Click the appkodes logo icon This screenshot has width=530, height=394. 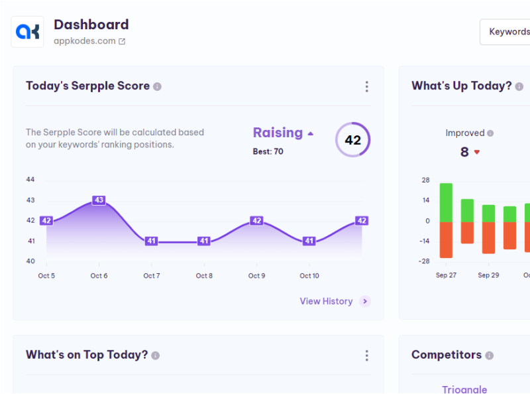coord(28,32)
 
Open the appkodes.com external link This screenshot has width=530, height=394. coord(122,41)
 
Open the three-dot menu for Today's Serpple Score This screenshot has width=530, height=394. coord(366,87)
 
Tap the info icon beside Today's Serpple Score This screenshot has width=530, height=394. coord(157,87)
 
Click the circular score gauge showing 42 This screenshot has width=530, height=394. coord(352,140)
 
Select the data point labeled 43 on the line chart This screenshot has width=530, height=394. coord(99,200)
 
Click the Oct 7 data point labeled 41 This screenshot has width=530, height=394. coord(151,241)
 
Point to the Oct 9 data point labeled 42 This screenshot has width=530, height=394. coord(256,221)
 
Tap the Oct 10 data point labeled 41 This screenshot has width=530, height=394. coord(309,241)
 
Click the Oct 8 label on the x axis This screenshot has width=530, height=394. coord(204,276)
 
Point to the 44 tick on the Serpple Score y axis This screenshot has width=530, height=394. coord(30,180)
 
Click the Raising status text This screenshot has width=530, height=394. coord(278,133)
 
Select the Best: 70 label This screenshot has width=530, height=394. coord(268,151)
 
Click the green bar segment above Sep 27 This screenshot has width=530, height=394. coord(446,202)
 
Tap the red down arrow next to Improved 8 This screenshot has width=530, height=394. coord(476,153)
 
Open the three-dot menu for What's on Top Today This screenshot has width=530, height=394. coord(366,356)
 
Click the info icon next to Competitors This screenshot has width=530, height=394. coord(490,356)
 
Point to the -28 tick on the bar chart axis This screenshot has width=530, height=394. coord(424,261)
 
